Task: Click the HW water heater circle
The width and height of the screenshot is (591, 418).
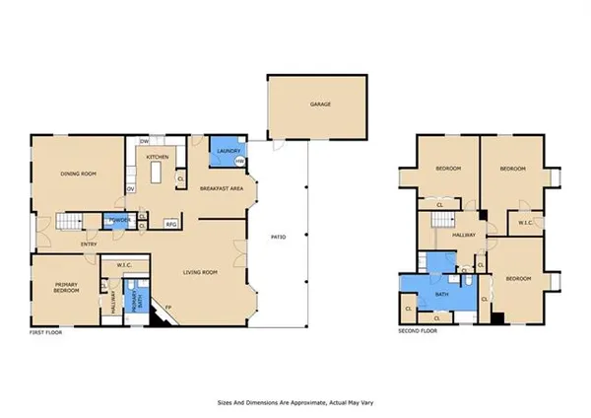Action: tap(240, 163)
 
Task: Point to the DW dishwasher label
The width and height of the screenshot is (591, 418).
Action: tap(144, 142)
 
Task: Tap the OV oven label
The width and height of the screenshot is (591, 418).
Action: tap(130, 189)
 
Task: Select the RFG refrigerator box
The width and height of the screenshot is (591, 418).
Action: tap(170, 225)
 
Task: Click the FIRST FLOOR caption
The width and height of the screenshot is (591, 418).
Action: tap(46, 334)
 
